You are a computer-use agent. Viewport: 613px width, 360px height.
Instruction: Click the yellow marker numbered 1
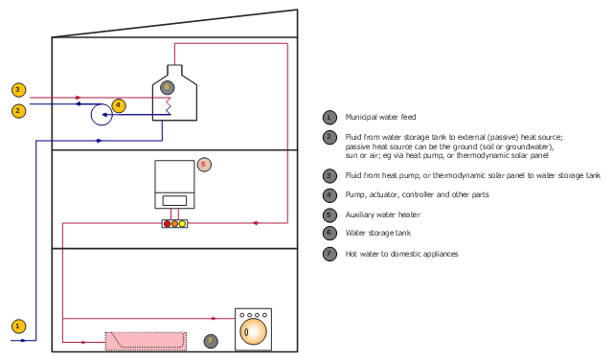18,326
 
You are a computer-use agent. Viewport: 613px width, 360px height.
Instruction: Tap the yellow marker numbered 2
18,111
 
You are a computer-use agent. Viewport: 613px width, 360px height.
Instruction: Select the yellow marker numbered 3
18,90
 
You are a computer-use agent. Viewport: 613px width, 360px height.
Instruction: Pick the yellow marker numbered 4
119,105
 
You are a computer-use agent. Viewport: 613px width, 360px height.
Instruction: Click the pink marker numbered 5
204,165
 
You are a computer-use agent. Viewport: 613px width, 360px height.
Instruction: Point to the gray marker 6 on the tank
168,87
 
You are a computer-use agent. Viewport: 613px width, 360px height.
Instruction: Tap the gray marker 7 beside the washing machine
211,341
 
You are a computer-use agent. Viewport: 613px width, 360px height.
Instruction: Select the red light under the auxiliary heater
168,224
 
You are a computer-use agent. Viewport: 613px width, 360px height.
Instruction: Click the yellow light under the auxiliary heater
182,224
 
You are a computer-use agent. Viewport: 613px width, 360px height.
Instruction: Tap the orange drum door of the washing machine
253,331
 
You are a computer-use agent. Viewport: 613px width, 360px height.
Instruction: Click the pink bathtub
146,342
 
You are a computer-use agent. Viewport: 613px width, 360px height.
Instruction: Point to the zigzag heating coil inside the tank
169,106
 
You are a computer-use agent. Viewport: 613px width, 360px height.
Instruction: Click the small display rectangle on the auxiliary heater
174,201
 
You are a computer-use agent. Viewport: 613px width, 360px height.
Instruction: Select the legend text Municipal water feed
380,117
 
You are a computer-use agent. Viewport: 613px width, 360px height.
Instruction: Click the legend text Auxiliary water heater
383,214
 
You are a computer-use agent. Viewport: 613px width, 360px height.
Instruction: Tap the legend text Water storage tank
378,233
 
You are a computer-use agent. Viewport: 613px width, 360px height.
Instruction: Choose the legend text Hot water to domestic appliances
401,254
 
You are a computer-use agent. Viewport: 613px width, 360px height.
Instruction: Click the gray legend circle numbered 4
329,195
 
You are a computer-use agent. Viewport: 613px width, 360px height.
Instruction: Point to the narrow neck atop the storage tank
174,70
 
